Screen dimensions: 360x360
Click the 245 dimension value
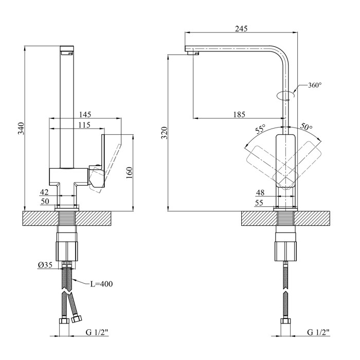click(x=240, y=29)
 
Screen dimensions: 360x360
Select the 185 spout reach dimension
click(x=239, y=114)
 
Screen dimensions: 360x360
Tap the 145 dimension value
click(x=85, y=114)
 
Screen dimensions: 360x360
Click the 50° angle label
click(x=307, y=127)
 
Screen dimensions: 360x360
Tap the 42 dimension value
click(x=45, y=192)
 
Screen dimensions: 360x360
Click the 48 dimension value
click(x=260, y=192)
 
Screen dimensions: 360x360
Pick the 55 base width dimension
click(x=260, y=203)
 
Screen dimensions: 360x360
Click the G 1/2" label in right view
click(x=319, y=333)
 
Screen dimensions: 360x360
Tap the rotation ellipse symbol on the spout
click(x=285, y=95)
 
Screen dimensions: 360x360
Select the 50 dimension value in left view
click(x=45, y=202)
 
